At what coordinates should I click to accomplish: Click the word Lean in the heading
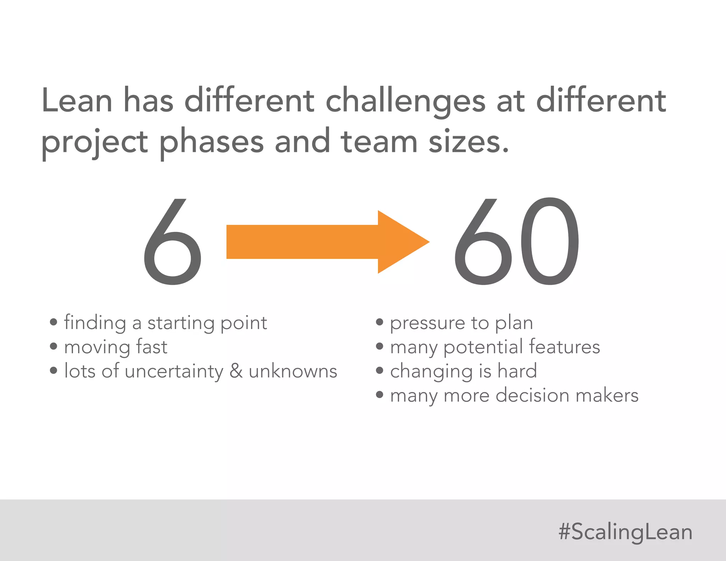tap(77, 101)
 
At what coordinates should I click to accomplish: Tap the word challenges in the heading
tap(405, 101)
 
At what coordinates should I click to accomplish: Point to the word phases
tap(211, 141)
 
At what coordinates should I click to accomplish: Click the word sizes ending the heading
tap(468, 141)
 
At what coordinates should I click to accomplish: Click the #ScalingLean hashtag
tap(625, 532)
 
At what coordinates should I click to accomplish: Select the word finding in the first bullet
tap(95, 323)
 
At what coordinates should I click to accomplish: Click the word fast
tap(151, 347)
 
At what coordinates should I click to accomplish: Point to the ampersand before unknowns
tap(236, 371)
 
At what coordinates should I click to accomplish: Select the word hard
tap(517, 371)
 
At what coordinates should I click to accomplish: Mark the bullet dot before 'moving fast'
tap(54, 346)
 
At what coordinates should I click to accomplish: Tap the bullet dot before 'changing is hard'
tap(380, 371)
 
